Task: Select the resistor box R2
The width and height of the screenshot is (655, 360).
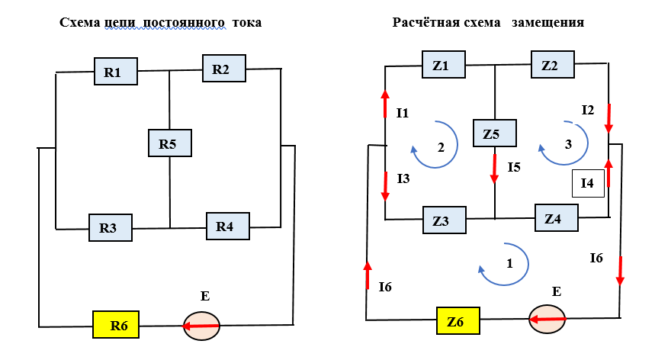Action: [x=223, y=69]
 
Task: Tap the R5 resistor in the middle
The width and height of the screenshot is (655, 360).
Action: [x=169, y=143]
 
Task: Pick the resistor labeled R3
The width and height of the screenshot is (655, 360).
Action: [x=111, y=227]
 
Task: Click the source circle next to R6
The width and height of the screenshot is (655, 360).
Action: [x=201, y=326]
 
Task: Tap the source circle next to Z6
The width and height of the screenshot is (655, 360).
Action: [x=547, y=319]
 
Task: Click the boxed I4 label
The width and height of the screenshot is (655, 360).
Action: [x=588, y=183]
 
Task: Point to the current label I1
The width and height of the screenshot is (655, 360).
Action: [x=403, y=113]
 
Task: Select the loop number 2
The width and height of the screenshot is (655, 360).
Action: [x=441, y=148]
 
